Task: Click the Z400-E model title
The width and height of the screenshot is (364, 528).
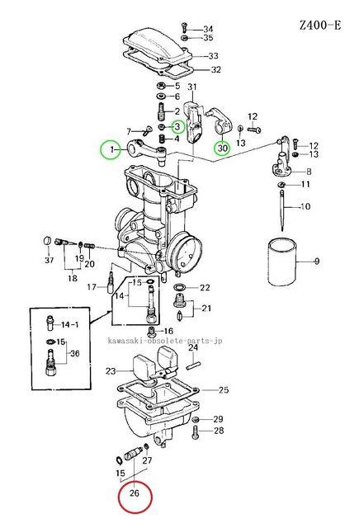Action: (320, 26)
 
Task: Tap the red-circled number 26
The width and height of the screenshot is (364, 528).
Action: (135, 493)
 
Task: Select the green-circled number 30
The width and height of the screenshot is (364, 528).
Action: (223, 148)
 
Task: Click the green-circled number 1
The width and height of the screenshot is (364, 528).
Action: (111, 149)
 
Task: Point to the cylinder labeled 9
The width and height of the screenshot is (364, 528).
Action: (282, 262)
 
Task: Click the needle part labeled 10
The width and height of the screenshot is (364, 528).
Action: (282, 211)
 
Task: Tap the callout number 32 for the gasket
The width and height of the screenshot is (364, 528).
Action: (215, 69)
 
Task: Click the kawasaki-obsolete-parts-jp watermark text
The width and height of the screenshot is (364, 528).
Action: (165, 341)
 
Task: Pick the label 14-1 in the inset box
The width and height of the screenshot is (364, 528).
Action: (70, 324)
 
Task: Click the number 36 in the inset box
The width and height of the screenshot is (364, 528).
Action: (74, 354)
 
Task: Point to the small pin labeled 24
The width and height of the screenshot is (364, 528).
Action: (194, 365)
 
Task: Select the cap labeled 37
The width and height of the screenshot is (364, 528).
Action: (48, 241)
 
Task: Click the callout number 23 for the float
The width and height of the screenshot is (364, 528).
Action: (111, 371)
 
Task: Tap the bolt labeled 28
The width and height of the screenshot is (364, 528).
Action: (195, 432)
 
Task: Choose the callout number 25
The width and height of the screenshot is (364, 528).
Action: (224, 390)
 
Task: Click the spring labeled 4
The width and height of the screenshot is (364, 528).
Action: (163, 139)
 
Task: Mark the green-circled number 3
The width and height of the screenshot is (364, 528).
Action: (177, 127)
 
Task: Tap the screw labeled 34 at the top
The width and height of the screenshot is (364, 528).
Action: (184, 27)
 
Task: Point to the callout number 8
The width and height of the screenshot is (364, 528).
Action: (309, 172)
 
